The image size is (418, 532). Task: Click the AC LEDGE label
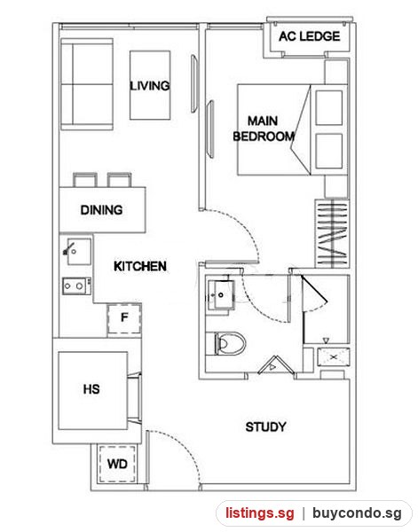point(310,36)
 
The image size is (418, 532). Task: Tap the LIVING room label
point(150,85)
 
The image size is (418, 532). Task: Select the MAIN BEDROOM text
point(264,129)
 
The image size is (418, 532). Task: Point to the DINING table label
point(101,209)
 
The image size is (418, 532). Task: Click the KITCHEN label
point(140,266)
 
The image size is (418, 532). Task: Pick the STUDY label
point(266,426)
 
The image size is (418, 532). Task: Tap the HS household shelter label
point(91,389)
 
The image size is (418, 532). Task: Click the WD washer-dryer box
point(117,464)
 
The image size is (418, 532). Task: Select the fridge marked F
point(124,318)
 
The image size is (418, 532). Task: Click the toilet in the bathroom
point(230,343)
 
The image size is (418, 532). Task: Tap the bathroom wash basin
point(221,295)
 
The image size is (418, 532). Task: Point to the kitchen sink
point(78,252)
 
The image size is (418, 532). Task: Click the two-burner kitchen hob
point(76,286)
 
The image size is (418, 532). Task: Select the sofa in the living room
point(87,84)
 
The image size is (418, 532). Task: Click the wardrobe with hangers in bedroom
point(332,234)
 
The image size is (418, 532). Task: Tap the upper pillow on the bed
point(328,107)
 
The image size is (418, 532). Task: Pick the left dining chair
point(85,180)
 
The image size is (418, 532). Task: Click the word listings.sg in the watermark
point(260,513)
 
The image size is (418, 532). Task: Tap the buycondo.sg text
point(357,513)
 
